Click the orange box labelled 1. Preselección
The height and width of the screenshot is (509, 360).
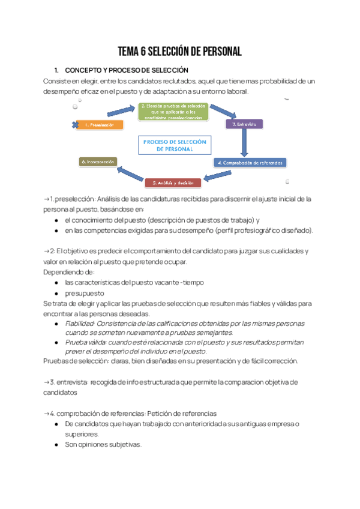(x=101, y=125)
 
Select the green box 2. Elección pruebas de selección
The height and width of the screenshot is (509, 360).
(x=174, y=112)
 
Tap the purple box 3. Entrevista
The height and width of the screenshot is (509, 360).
(x=244, y=124)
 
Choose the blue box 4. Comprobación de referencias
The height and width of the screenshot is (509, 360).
(x=250, y=162)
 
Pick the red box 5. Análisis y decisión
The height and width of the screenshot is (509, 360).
(x=173, y=182)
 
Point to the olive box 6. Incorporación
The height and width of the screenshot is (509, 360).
(x=98, y=161)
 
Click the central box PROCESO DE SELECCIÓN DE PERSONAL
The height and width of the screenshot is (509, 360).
(x=173, y=146)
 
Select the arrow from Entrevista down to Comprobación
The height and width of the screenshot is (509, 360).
(x=244, y=143)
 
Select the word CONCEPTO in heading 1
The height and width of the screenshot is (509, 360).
(x=85, y=70)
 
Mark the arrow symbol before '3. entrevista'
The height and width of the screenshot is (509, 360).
(x=47, y=382)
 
